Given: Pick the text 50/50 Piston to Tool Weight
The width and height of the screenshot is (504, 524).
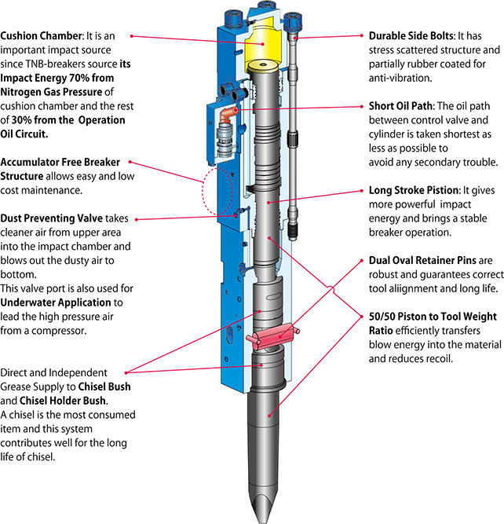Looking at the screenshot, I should (433, 317).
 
